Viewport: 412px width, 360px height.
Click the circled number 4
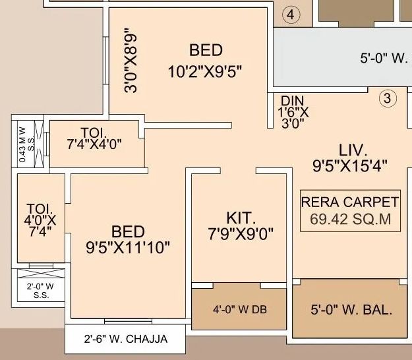pos(291,15)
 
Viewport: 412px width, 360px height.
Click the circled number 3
pos(388,98)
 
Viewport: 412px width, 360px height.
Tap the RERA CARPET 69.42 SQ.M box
pos(350,211)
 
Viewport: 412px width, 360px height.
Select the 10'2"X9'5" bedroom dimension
pos(205,72)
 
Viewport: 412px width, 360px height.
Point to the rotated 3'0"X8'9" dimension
pos(131,60)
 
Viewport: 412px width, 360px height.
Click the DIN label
pos(293,101)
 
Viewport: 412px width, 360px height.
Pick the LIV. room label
pos(353,150)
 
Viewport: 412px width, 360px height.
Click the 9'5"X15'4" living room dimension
pos(350,166)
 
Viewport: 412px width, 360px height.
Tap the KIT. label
pos(241,218)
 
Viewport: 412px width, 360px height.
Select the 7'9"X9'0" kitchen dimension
pos(241,234)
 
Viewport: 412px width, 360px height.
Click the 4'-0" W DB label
pos(240,309)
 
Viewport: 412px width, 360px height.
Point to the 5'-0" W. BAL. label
pos(351,310)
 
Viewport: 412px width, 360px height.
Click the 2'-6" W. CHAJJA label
pos(126,339)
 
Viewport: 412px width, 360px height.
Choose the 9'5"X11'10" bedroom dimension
pos(128,247)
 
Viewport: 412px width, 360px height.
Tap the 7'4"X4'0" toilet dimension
pos(94,144)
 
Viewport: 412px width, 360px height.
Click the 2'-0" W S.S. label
pos(41,291)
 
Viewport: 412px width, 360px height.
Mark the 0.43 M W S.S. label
pos(26,144)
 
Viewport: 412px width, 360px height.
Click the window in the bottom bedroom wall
pos(129,321)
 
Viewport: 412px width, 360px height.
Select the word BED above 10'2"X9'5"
pos(206,50)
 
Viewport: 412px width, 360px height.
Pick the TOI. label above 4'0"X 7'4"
pos(40,209)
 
